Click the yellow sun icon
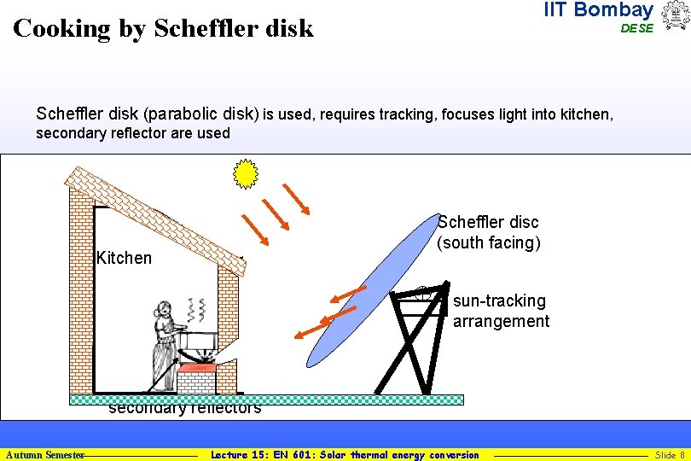click(x=246, y=174)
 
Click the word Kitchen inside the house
click(x=125, y=258)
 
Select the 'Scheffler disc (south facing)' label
click(x=488, y=232)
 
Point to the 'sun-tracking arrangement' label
click(x=501, y=311)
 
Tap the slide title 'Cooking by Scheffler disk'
click(x=164, y=29)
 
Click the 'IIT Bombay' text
click(x=598, y=10)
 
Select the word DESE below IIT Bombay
click(x=636, y=28)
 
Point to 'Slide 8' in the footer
click(x=670, y=455)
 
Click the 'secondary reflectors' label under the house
click(x=184, y=409)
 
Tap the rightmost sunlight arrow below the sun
click(x=298, y=197)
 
